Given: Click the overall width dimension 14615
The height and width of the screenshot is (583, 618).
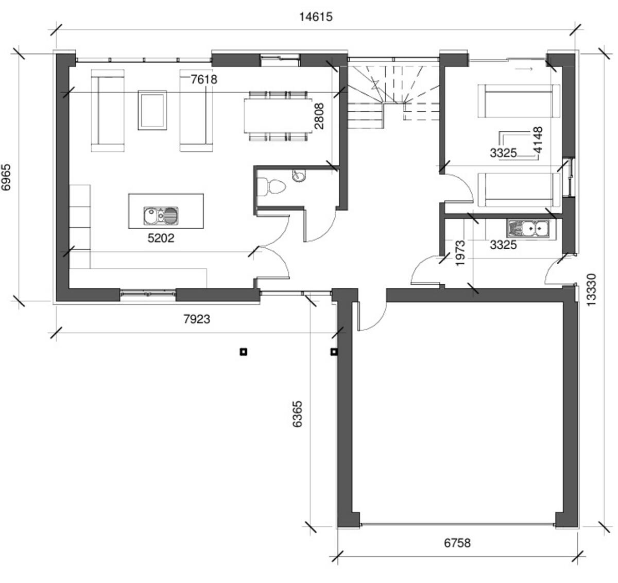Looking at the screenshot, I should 316,17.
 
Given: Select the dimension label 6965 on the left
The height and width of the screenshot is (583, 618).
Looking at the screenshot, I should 7,178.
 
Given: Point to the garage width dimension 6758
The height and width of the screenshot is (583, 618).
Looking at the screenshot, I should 457,543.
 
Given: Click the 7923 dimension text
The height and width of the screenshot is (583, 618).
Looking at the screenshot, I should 197,319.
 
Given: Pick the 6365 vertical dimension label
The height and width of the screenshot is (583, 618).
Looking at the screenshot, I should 297,414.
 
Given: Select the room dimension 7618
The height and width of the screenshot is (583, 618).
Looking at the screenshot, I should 204,79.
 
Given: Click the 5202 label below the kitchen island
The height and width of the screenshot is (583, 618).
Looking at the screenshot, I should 161,238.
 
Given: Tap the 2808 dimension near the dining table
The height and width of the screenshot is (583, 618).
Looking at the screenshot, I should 319,116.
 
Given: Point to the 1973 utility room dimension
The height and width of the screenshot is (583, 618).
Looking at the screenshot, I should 461,253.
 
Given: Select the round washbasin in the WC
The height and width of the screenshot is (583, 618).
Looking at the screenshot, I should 298,176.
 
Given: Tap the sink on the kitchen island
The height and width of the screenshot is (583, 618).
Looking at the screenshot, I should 161,215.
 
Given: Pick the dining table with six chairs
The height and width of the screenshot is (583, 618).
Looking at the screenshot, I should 278,116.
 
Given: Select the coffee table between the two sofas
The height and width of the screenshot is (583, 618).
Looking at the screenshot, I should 152,110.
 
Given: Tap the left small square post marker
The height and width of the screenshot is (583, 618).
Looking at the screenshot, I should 244,352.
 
